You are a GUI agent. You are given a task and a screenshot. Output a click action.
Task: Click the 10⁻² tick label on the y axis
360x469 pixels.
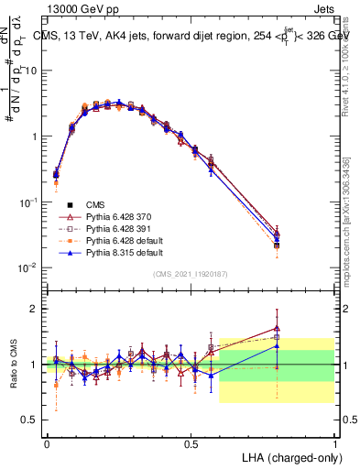point(28,267)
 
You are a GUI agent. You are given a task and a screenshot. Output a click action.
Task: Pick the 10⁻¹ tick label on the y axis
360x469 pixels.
point(28,202)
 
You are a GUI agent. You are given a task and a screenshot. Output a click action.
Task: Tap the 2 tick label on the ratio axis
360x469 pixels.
point(35,309)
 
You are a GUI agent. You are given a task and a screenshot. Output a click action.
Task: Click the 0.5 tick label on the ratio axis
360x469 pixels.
point(30,420)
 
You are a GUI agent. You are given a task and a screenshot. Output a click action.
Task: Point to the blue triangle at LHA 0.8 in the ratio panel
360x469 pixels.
point(278,346)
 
